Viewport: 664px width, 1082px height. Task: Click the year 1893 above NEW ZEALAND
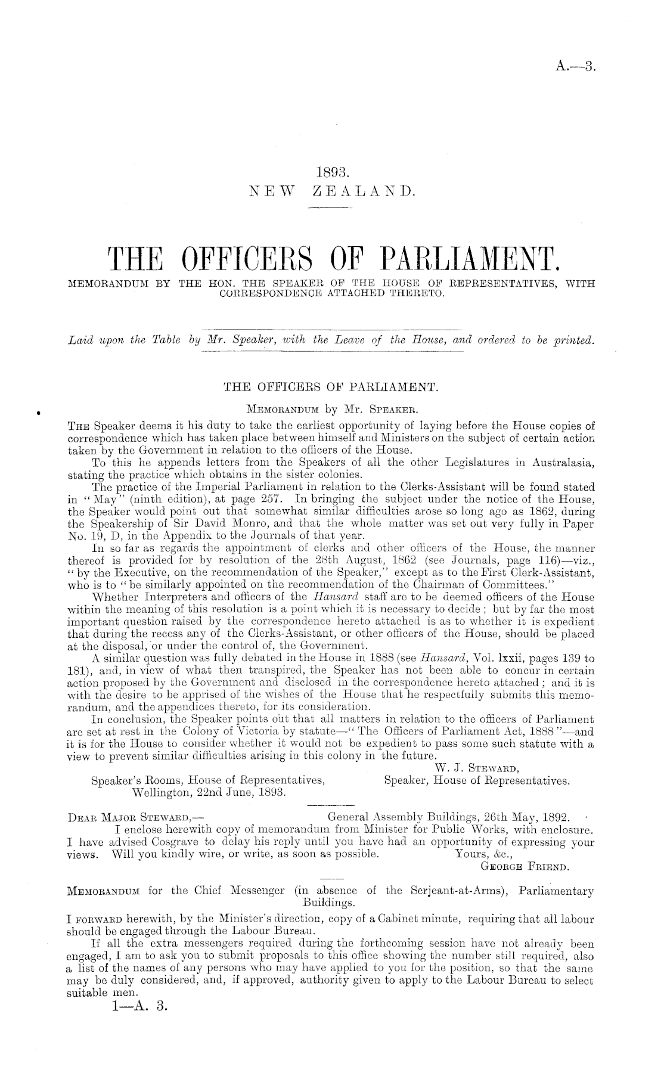click(331, 173)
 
